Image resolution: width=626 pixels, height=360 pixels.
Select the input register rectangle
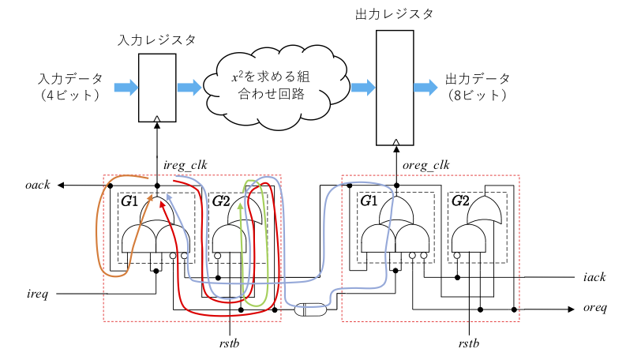click(158, 88)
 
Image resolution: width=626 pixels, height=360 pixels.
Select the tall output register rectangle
click(395, 88)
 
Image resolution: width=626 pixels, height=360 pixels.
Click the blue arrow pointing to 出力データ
click(425, 87)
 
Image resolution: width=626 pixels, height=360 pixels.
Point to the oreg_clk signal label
click(425, 165)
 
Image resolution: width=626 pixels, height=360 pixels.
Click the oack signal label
click(38, 185)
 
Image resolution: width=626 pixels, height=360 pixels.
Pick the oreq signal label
click(594, 308)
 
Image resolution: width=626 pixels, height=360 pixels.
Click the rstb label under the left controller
click(229, 343)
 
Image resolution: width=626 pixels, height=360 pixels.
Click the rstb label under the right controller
click(470, 343)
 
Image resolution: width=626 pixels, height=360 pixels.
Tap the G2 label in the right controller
click(460, 201)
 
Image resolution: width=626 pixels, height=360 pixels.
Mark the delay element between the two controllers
click(309, 310)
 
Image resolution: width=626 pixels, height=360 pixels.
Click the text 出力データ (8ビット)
click(478, 87)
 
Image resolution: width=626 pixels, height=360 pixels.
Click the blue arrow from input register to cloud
click(189, 87)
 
